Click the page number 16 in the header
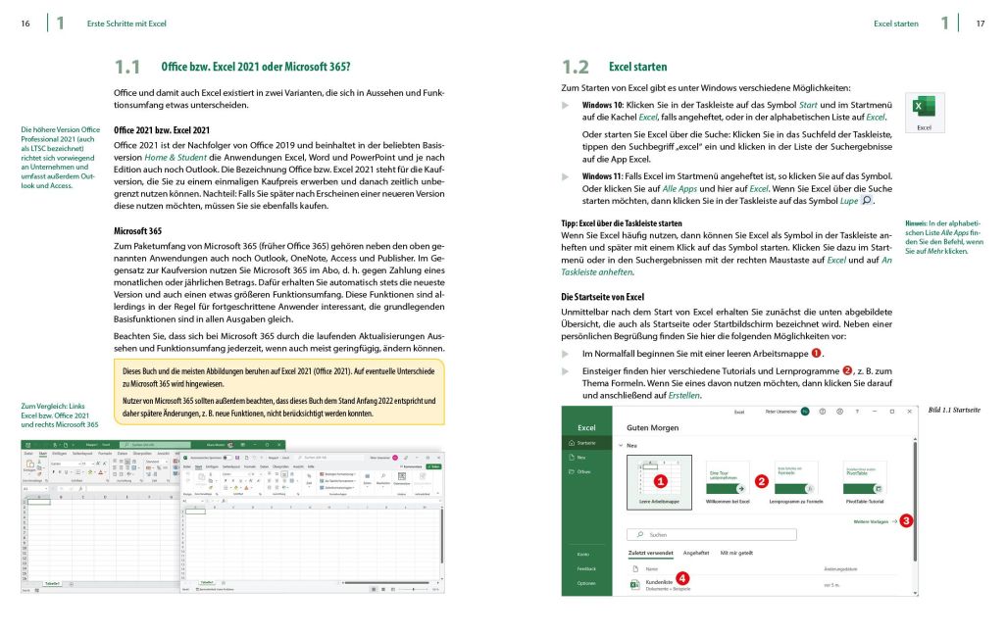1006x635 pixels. click(x=25, y=23)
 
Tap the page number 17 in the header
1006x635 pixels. click(x=980, y=23)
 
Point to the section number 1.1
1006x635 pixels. click(x=127, y=68)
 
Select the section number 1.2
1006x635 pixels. click(x=576, y=68)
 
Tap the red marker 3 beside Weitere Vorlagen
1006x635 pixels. click(x=906, y=521)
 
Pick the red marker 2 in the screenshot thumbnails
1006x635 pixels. click(x=762, y=481)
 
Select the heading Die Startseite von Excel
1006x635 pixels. click(x=602, y=296)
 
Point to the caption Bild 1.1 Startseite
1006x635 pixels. click(x=954, y=410)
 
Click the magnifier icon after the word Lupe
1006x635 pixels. click(x=865, y=201)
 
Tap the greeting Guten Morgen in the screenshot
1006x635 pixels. click(x=651, y=427)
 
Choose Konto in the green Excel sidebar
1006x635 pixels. click(x=584, y=555)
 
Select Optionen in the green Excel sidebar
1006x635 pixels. click(x=586, y=583)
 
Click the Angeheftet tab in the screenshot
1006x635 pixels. click(x=696, y=554)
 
